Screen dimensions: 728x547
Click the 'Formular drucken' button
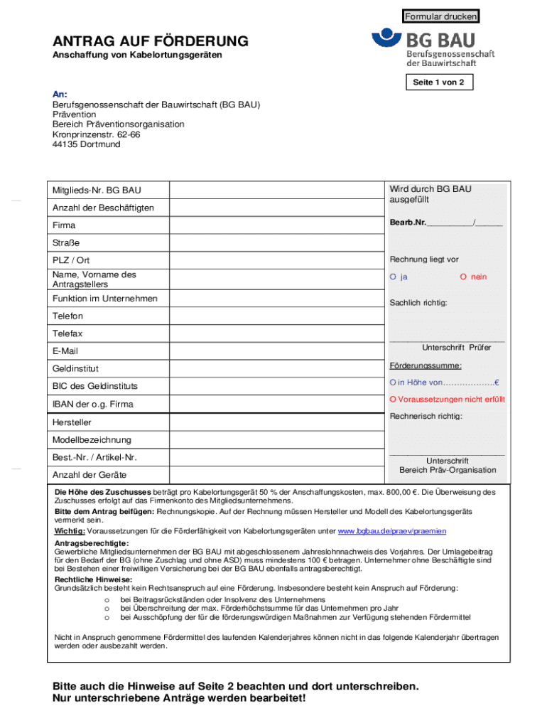click(440, 16)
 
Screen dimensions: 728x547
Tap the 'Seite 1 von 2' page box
click(438, 82)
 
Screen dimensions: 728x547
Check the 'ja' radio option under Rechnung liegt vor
click(392, 277)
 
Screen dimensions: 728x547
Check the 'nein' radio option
click(462, 277)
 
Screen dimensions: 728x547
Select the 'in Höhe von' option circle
click(392, 383)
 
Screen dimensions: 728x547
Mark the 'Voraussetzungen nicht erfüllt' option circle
click(392, 400)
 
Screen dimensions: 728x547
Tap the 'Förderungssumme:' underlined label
click(426, 365)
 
